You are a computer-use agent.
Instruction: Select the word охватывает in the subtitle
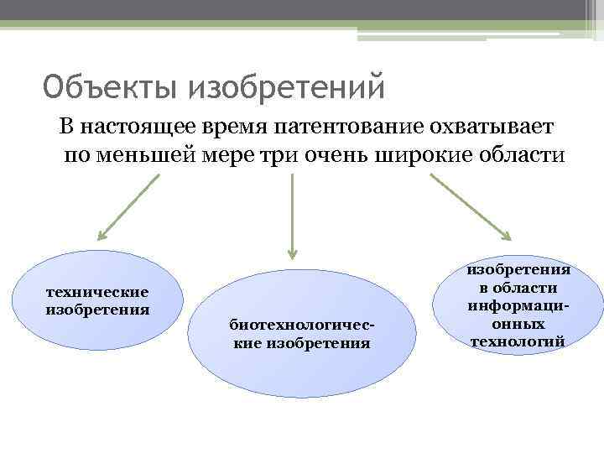pos(498,127)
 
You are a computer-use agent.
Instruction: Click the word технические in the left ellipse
pos(97,292)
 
